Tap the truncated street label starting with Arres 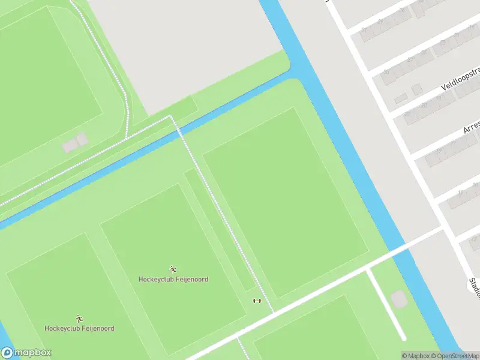coord(472,127)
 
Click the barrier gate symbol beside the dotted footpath coord(257,301)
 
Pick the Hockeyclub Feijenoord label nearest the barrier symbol coord(173,279)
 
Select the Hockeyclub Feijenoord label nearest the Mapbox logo coord(79,328)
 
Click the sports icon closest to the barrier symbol coord(173,269)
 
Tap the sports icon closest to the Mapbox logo coord(79,319)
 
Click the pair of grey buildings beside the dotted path coord(75,143)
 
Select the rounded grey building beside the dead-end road coord(398,298)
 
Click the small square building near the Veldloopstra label coord(416,89)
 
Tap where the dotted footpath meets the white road coord(273,311)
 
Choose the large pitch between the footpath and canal coord(285,201)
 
